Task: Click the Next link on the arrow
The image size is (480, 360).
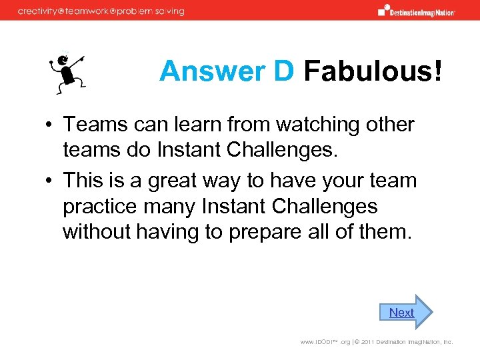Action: [x=401, y=312]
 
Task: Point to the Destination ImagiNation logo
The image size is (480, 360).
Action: [x=416, y=11]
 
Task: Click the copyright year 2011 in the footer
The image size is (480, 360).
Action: [x=367, y=342]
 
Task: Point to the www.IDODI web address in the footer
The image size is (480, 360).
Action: [x=325, y=342]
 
